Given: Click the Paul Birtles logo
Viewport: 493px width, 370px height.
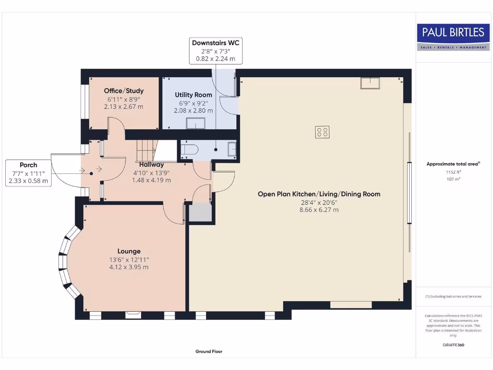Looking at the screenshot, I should [x=453, y=37].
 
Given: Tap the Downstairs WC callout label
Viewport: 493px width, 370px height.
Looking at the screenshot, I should [x=215, y=43].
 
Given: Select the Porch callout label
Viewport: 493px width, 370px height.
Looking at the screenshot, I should [x=28, y=165].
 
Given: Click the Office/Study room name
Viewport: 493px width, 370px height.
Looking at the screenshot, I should [x=124, y=91].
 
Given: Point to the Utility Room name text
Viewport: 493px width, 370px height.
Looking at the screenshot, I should [x=193, y=95].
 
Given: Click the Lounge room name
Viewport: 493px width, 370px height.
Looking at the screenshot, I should [x=129, y=251].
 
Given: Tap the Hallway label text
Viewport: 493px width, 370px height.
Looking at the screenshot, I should [x=152, y=165].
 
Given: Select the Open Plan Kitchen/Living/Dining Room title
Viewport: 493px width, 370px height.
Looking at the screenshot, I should [x=319, y=194].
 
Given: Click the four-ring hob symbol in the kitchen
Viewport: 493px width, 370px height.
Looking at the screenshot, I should [x=322, y=132].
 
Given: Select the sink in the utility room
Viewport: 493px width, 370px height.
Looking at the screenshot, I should [x=195, y=124].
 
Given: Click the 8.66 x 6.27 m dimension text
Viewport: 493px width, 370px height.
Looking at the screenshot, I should [x=319, y=210].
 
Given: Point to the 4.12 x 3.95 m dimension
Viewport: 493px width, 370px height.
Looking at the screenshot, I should [x=129, y=267].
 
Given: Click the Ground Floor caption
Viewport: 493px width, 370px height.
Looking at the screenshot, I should [x=209, y=352].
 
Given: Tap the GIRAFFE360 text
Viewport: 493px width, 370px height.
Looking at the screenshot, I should [x=453, y=345].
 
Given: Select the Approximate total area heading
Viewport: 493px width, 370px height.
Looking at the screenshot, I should [x=453, y=164].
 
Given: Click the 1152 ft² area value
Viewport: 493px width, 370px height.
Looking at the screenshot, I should [x=453, y=172].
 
